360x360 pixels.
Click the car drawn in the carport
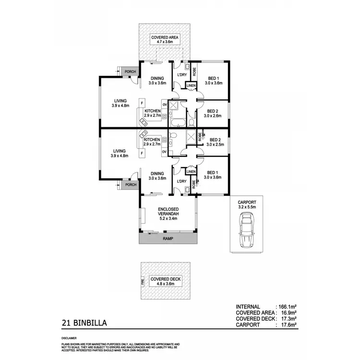point(247,231)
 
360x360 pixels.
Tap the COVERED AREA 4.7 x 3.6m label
point(164,39)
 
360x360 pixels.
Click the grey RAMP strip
point(168,238)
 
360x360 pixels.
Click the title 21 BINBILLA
point(84,323)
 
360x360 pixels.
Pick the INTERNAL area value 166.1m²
point(286,307)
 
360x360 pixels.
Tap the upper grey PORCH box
point(130,72)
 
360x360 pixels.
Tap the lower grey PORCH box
point(130,185)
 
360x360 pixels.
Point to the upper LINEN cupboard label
point(191,86)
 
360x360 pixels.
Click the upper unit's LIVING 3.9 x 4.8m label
point(120,103)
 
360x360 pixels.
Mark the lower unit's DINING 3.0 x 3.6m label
point(157,176)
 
